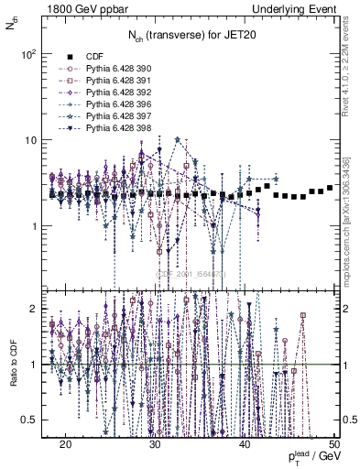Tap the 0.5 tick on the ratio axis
[33, 420]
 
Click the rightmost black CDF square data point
[329, 187]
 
